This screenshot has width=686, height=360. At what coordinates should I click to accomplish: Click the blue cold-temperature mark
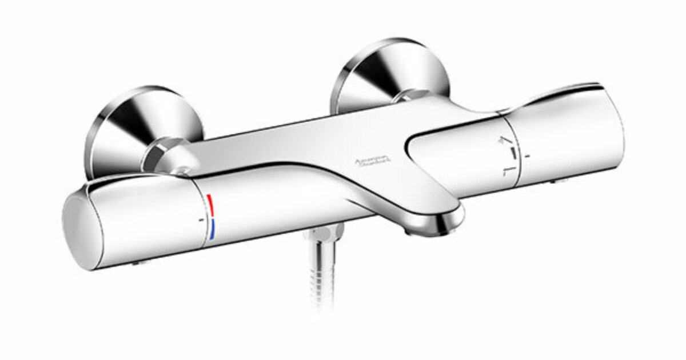click(212, 230)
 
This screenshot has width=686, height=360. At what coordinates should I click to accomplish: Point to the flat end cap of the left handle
click(80, 229)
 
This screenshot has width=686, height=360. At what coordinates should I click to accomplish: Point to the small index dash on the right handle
click(527, 155)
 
